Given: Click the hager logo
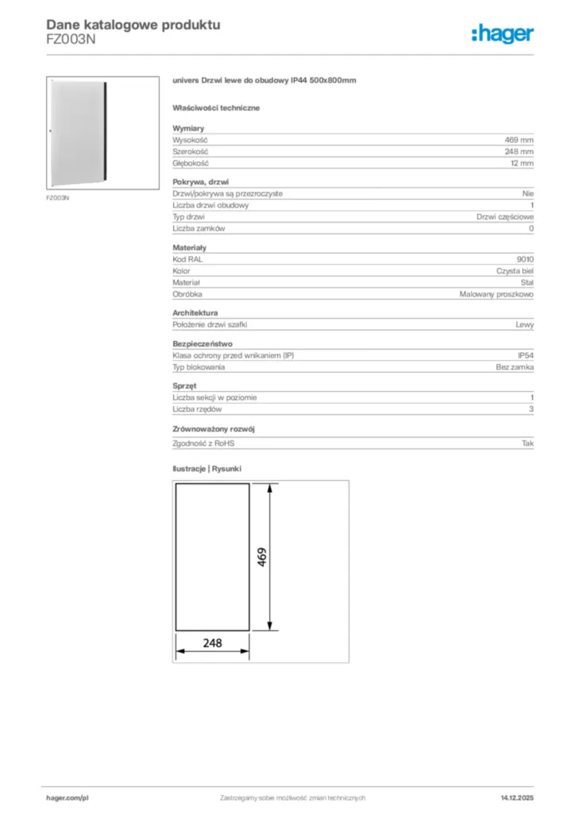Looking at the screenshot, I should (502, 33).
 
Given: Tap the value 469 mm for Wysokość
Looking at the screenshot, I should (520, 139).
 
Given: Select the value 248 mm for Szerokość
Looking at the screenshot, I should (520, 151).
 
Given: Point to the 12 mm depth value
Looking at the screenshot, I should (523, 163).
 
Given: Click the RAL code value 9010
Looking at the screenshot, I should (525, 259).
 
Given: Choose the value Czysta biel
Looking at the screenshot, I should (515, 271).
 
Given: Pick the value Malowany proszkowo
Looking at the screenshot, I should (496, 294).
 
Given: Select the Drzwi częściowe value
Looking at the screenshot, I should (505, 216).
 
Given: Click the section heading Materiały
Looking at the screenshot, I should (189, 248).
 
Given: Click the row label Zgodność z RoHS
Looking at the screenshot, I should (204, 444).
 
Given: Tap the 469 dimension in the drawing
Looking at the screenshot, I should (262, 556).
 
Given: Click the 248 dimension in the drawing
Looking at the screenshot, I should (212, 643).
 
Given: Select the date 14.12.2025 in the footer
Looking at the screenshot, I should (516, 797).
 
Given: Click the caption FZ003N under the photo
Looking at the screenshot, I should (57, 198).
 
